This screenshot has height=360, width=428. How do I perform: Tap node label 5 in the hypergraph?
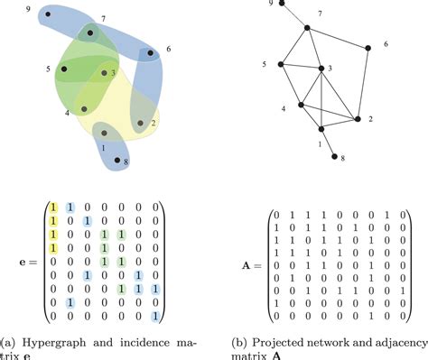[48, 69]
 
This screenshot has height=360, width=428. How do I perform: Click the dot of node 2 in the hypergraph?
[141, 122]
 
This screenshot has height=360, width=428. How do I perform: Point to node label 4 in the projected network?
[284, 107]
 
